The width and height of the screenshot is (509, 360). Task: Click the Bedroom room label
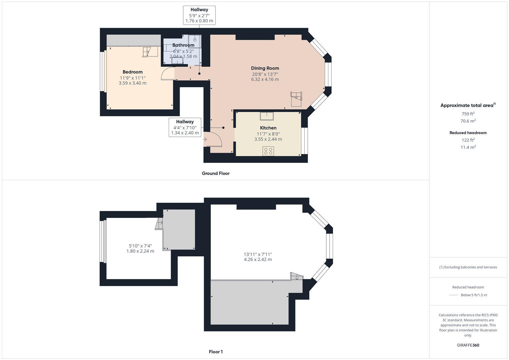click(x=132, y=72)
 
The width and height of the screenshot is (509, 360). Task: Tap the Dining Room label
click(x=265, y=68)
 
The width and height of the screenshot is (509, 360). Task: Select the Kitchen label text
click(x=268, y=128)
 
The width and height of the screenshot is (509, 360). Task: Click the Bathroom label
click(x=183, y=45)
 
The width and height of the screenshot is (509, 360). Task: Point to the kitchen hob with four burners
click(x=268, y=151)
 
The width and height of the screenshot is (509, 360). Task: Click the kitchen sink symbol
click(x=267, y=116)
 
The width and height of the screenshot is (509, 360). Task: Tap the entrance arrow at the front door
click(x=205, y=139)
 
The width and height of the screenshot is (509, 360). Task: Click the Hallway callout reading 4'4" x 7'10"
click(x=185, y=127)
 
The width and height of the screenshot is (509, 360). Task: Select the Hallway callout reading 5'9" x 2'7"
click(x=199, y=15)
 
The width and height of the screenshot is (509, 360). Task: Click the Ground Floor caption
click(x=216, y=173)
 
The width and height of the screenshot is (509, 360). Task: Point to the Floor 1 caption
click(x=216, y=352)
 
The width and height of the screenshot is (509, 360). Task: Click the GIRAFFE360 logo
click(x=468, y=345)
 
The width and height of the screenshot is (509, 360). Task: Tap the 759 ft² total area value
click(x=468, y=114)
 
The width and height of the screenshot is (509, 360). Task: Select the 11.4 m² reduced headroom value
click(x=468, y=147)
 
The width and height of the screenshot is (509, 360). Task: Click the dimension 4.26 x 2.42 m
click(x=258, y=259)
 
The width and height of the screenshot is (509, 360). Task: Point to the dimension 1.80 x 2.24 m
click(x=140, y=251)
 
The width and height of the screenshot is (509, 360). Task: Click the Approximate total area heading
click(x=468, y=105)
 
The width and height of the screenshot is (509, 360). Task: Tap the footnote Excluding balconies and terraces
click(x=468, y=267)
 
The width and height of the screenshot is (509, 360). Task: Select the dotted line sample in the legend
click(x=454, y=295)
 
